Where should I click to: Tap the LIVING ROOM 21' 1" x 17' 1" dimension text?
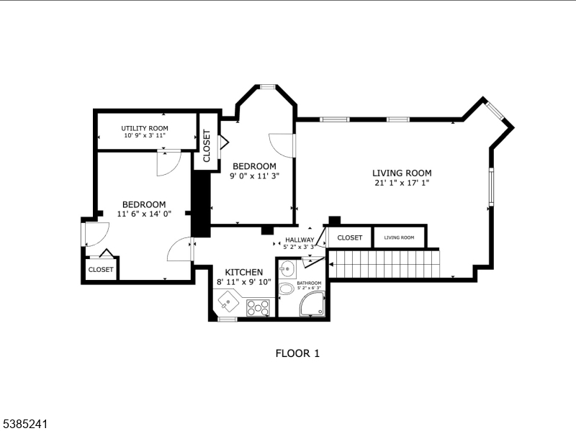coord(402,183)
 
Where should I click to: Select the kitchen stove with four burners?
coord(258,307)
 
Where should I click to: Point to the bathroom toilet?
coord(287,289)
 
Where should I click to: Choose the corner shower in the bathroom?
coord(312,304)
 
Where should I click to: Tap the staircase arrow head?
coord(331,264)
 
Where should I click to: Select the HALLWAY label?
coord(300,240)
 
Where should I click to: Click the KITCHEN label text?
coord(243,271)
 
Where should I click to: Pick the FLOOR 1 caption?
coord(297,353)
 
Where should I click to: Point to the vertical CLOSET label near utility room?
coord(207,146)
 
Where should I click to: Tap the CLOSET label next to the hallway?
coord(350,237)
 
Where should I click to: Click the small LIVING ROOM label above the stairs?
coord(399,237)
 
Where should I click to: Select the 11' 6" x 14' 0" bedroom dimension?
coord(143,214)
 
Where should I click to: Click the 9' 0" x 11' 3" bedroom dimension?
coord(254,175)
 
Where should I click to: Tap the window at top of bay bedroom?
coord(267,87)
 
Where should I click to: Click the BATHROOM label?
coord(309,283)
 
